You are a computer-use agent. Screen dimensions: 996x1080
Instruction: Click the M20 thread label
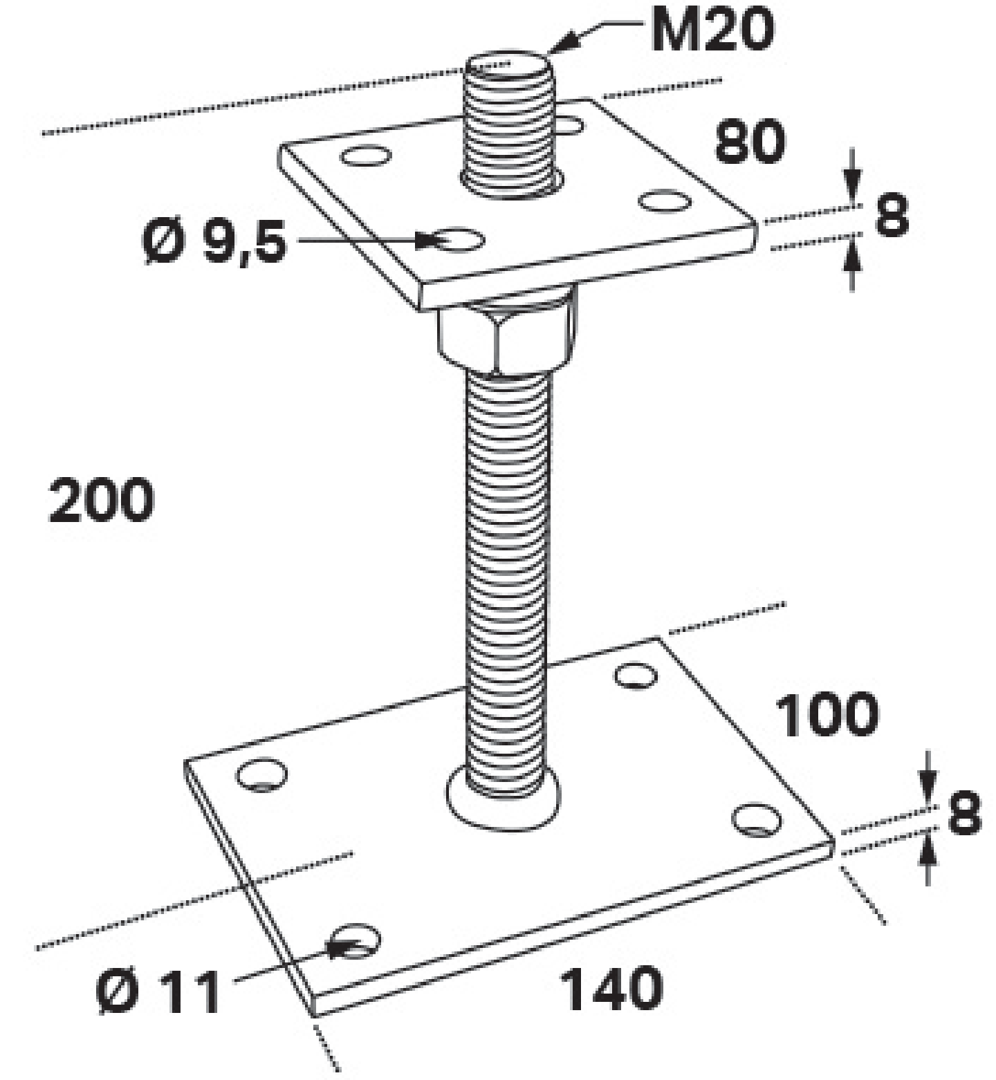coord(712,29)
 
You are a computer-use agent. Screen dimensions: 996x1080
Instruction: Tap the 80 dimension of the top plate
coord(750,142)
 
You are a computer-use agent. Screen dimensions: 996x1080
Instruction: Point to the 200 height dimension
coord(102,499)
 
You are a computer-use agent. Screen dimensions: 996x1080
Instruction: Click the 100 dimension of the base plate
coord(827,714)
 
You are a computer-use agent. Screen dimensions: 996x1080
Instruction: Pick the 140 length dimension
coord(611,989)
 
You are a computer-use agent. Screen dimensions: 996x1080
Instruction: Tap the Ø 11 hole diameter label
coord(158,992)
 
